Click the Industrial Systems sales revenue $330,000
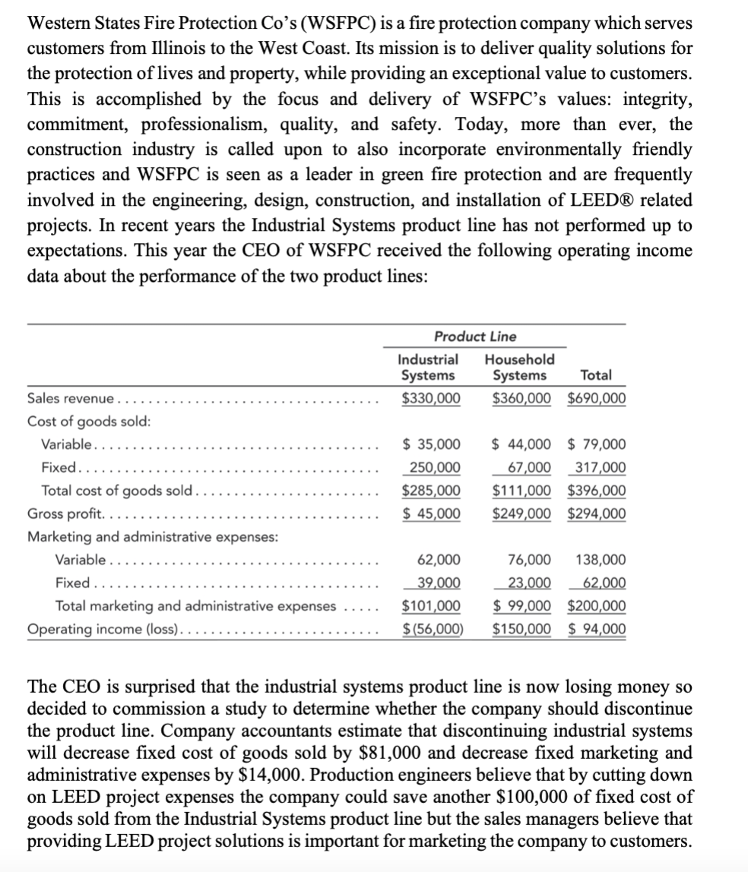click(430, 398)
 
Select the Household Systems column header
click(519, 367)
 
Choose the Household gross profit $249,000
click(521, 513)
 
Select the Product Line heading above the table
click(474, 336)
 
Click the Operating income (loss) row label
click(103, 629)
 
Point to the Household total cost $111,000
click(521, 490)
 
